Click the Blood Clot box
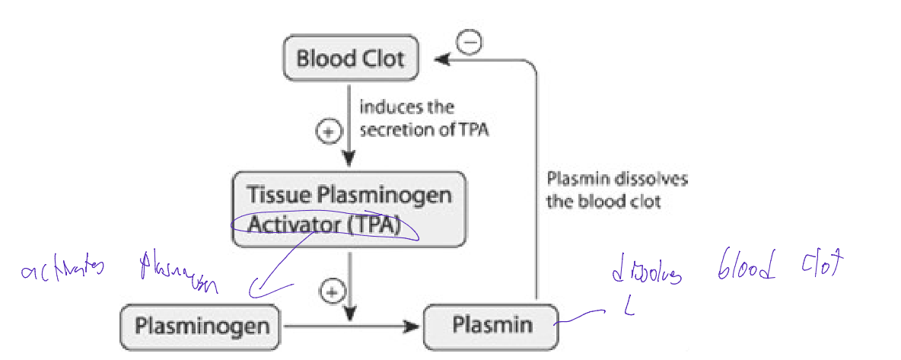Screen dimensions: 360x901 pos(351,59)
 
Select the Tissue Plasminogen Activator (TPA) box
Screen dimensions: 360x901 pos(349,209)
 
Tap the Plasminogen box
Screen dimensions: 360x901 pos(202,327)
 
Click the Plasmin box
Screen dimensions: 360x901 pos(491,327)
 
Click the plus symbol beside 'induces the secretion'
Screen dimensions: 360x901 pos(327,132)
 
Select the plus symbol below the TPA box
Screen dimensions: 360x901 pos(331,291)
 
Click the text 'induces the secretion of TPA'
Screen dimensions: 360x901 pos(423,119)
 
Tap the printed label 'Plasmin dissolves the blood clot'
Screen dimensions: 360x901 pos(616,190)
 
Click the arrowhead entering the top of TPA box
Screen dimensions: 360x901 pos(349,161)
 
